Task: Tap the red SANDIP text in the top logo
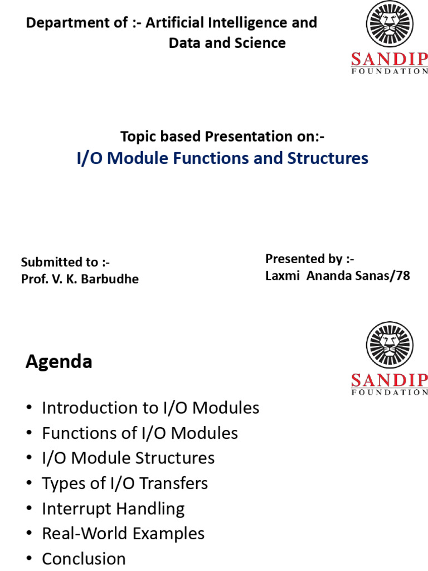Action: tap(390, 59)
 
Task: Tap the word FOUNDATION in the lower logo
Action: tap(390, 392)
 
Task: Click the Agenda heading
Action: tap(59, 362)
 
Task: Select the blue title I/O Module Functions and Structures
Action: tap(222, 158)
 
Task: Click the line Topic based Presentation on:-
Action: tap(222, 136)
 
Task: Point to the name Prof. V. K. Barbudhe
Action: tap(80, 279)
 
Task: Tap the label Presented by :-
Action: tap(309, 259)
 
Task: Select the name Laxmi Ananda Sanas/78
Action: tap(337, 275)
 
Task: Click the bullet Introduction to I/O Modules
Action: tap(150, 408)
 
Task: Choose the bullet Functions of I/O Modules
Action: tap(140, 433)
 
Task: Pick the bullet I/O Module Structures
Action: tap(128, 458)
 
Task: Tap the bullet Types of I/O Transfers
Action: tap(125, 483)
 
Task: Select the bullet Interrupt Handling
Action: tap(113, 509)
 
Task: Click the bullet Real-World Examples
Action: tap(123, 534)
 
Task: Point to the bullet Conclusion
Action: tap(84, 559)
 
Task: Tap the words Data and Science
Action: tap(227, 43)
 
